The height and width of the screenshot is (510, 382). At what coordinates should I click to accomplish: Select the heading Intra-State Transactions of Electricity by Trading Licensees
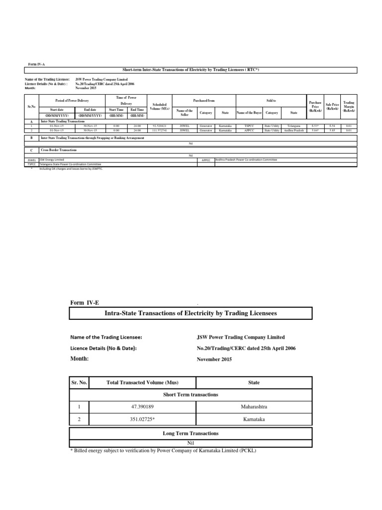[191, 313]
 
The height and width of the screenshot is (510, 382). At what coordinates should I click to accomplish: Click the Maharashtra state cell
[254, 407]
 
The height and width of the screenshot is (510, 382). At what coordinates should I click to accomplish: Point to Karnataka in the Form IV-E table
[254, 420]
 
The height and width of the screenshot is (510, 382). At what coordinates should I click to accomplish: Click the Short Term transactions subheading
[191, 394]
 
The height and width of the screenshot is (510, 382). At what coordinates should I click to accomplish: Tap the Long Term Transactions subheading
[191, 433]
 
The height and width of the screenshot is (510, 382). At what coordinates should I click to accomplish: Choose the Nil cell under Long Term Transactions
[191, 442]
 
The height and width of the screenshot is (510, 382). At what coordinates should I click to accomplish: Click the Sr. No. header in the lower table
[79, 382]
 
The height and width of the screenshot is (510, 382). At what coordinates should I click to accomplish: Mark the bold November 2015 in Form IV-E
[214, 359]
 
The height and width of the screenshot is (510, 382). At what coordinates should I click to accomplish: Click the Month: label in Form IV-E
[80, 359]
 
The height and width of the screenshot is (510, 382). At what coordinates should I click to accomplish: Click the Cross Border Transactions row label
[59, 149]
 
